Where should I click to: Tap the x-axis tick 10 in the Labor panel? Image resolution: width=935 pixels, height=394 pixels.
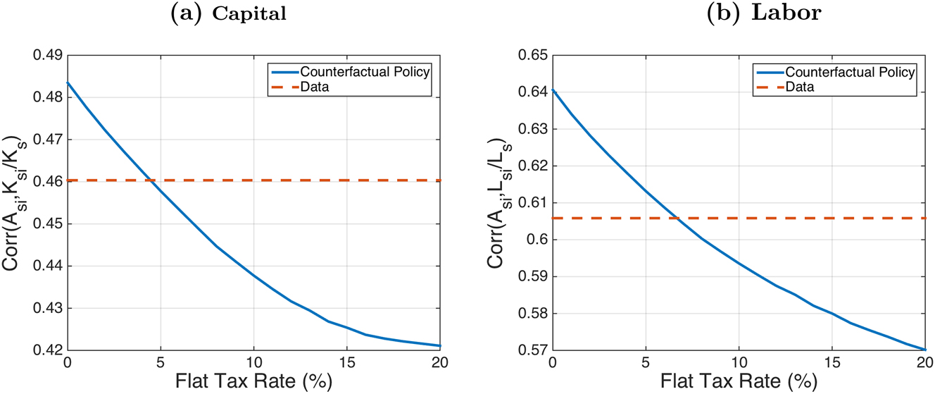(x=739, y=364)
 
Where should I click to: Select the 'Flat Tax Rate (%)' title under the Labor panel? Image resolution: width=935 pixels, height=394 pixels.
(x=739, y=383)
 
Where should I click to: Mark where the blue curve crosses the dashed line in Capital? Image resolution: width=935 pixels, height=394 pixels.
(x=150, y=181)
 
